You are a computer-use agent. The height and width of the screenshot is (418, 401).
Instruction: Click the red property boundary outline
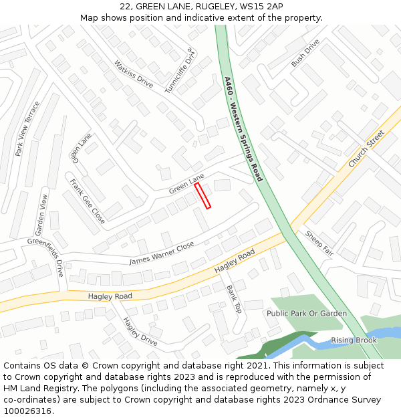203,195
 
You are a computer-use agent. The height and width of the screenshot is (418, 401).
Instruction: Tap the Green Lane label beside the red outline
186,185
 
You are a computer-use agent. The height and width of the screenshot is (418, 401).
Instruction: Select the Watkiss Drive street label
133,74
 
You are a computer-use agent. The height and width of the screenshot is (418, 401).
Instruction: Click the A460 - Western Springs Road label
243,128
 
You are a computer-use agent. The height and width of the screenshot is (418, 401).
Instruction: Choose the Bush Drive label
305,53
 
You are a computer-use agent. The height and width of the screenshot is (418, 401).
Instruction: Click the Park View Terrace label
27,128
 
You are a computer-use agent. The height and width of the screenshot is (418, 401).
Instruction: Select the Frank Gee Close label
87,200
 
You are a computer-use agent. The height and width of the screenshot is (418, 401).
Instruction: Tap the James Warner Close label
162,253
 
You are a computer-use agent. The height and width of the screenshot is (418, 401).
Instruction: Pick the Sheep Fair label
319,243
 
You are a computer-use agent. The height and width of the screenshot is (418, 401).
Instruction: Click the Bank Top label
234,299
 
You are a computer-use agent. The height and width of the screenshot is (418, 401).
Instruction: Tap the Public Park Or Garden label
307,313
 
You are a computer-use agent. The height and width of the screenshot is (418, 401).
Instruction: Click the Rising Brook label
354,340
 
